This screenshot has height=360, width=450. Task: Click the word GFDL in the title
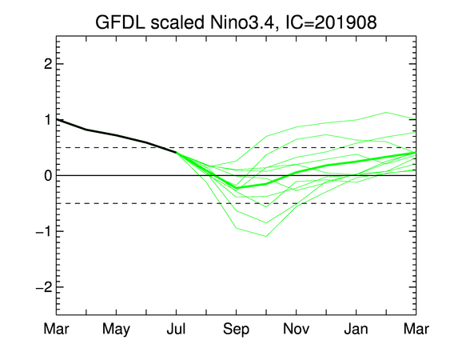point(120,22)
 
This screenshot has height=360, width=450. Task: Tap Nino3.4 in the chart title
point(241,22)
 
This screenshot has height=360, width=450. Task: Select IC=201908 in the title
point(330,22)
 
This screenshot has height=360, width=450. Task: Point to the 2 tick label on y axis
point(48,64)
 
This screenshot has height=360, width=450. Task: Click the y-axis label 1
point(49,119)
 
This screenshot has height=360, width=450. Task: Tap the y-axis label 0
point(48,175)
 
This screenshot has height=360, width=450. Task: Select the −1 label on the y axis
point(44,231)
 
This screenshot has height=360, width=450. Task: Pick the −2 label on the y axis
point(44,286)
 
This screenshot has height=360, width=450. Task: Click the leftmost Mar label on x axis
point(56,329)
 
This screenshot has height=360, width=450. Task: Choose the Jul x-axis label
point(176,329)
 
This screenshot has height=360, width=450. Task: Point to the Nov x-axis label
point(297,329)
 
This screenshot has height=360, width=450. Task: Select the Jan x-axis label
point(356,329)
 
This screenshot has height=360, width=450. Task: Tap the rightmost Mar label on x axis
point(416,329)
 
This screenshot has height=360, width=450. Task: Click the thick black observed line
point(116,135)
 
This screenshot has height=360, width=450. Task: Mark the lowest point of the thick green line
point(237,188)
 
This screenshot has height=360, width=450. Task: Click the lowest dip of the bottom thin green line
point(266,237)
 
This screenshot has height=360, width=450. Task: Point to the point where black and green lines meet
point(176,152)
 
